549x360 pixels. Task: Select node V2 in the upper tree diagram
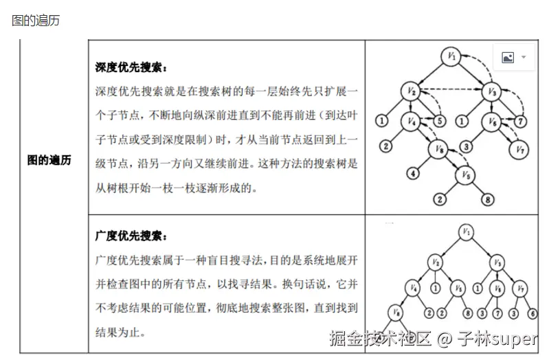tap(410, 91)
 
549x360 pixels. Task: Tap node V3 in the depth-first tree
tap(492, 91)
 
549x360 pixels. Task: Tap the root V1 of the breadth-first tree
tap(467, 232)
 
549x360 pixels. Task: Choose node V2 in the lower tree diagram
tap(435, 262)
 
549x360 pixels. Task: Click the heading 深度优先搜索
tap(131, 68)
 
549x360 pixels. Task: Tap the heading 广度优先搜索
tap(131, 236)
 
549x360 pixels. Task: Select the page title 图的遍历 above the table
tap(36, 21)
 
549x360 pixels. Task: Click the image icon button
tap(508, 58)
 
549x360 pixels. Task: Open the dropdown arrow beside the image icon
tap(524, 58)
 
